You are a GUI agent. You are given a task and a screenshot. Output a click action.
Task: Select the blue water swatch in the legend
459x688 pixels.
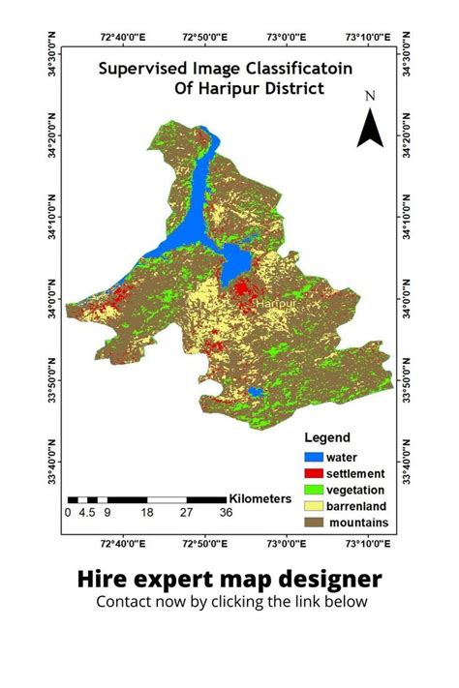[x=313, y=457]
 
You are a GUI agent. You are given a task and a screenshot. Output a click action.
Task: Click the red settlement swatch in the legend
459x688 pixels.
[x=313, y=473]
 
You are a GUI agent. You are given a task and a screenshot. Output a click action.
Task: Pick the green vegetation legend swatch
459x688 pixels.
[x=313, y=490]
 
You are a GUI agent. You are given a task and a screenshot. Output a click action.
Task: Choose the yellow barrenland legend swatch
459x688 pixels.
[x=313, y=506]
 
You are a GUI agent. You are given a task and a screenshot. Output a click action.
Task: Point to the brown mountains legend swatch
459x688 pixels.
[x=313, y=523]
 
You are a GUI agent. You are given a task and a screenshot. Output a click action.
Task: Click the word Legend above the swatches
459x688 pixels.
[x=326, y=437]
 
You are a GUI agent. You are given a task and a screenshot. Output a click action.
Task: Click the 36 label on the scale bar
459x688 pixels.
[x=226, y=513]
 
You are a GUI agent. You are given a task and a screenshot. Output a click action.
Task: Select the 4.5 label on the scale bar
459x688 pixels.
[x=86, y=513]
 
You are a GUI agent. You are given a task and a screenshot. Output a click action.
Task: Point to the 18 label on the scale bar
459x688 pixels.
[x=146, y=513]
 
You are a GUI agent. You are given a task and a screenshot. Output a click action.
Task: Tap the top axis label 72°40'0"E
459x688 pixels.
[x=123, y=37]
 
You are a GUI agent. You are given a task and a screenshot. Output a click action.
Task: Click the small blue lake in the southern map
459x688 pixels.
[x=256, y=392]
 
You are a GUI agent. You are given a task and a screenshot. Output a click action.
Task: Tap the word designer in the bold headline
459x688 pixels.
[x=326, y=579]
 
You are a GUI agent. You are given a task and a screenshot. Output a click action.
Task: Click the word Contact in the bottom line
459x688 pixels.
[x=122, y=601]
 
